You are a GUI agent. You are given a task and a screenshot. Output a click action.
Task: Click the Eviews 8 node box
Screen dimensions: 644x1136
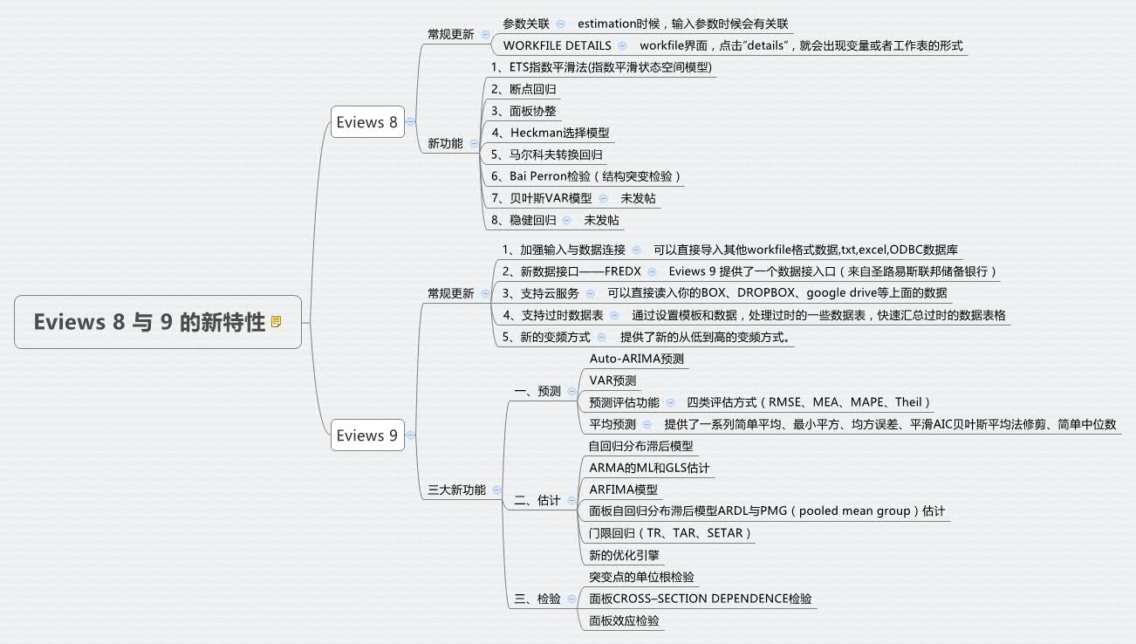(x=366, y=122)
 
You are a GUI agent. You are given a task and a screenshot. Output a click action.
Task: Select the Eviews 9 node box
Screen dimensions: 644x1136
(x=366, y=435)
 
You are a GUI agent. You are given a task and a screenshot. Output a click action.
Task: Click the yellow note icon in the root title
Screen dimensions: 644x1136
(x=277, y=322)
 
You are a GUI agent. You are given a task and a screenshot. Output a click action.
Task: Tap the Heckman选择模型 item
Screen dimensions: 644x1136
(x=550, y=133)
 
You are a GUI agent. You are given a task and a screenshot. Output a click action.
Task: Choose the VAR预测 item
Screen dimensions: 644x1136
(x=612, y=380)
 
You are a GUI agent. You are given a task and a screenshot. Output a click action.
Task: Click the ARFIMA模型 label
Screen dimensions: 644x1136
(x=623, y=490)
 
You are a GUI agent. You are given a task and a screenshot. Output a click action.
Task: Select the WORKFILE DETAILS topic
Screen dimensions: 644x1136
(x=557, y=45)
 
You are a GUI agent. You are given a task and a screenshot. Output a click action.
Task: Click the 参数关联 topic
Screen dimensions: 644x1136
(x=526, y=24)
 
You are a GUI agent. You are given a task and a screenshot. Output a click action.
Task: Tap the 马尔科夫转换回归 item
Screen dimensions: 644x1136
(x=546, y=154)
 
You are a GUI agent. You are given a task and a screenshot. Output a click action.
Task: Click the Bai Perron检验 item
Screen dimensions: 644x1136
(x=585, y=176)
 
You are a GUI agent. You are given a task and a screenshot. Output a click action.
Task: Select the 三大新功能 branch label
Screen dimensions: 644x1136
(x=456, y=490)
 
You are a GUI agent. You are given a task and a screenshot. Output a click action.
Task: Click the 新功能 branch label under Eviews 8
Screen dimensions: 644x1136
(x=445, y=144)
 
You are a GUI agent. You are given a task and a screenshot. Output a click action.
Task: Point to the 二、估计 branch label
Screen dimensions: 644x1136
(x=537, y=501)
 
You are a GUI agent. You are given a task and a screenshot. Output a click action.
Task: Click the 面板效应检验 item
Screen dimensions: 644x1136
(x=624, y=620)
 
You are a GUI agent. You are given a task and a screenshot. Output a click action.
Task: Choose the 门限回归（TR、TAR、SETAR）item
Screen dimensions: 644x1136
(x=670, y=533)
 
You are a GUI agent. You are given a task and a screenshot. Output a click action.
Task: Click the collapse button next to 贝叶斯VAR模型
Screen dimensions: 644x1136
(x=602, y=198)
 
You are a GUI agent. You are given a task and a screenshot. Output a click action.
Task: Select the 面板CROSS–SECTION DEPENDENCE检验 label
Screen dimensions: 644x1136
(x=700, y=599)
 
